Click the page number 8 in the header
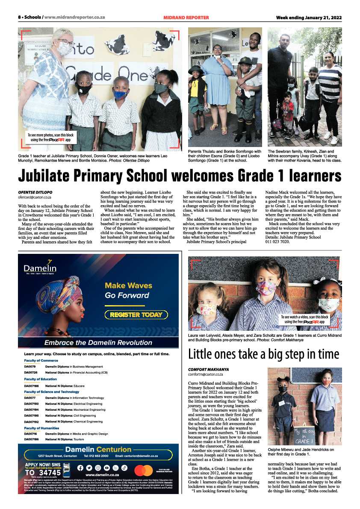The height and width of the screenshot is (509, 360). tap(19, 18)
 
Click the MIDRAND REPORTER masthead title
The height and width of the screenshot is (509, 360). tap(186, 18)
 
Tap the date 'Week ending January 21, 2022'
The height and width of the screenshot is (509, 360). tap(309, 18)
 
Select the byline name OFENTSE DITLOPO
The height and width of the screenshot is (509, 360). tap(35, 193)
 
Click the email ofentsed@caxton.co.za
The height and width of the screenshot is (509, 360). tap(35, 197)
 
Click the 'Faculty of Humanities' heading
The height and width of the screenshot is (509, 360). tap(41, 428)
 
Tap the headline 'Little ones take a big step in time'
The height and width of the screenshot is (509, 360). tap(264, 354)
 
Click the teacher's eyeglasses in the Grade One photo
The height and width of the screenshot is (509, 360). tap(65, 43)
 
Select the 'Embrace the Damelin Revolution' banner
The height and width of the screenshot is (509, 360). tap(98, 342)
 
